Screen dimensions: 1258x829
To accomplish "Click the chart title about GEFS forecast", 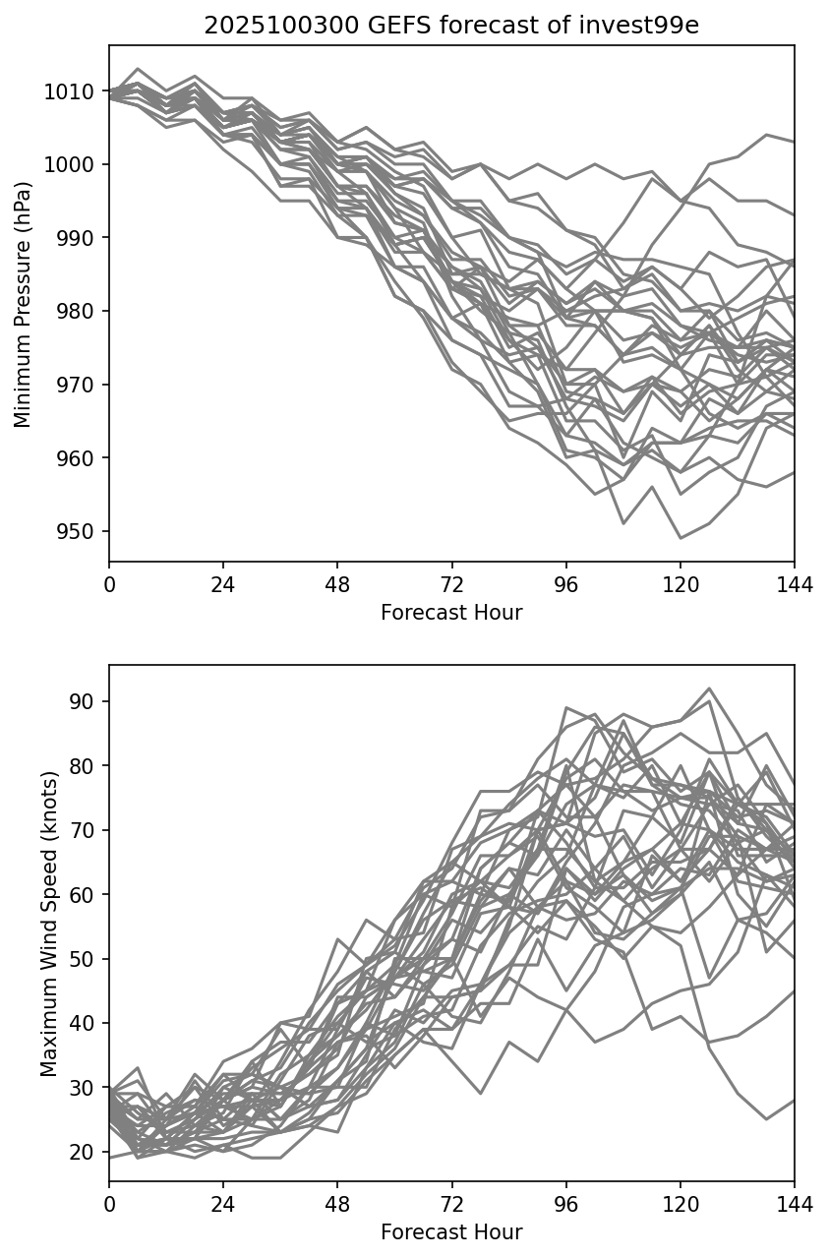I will [x=450, y=26].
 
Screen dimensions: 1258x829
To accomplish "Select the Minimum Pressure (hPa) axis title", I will [x=24, y=304].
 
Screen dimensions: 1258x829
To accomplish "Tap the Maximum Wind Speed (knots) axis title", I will [x=49, y=923].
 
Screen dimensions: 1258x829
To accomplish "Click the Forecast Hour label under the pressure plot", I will [x=451, y=613].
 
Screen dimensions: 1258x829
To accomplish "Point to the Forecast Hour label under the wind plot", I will [x=451, y=1232].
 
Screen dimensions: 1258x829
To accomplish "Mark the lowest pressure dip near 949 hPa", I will [x=681, y=538].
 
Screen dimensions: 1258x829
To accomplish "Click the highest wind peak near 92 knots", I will [x=709, y=689].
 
